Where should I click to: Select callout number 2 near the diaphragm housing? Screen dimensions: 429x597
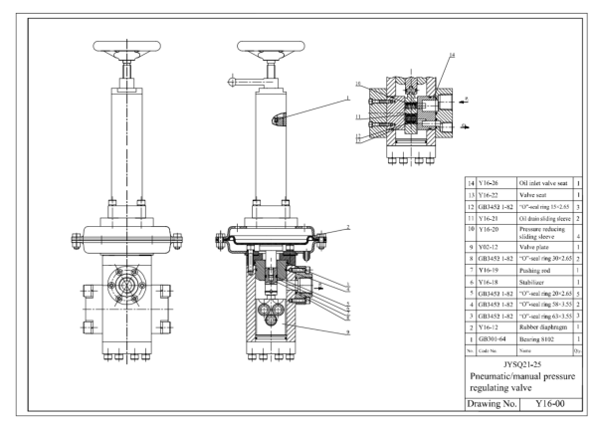click(x=350, y=228)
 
